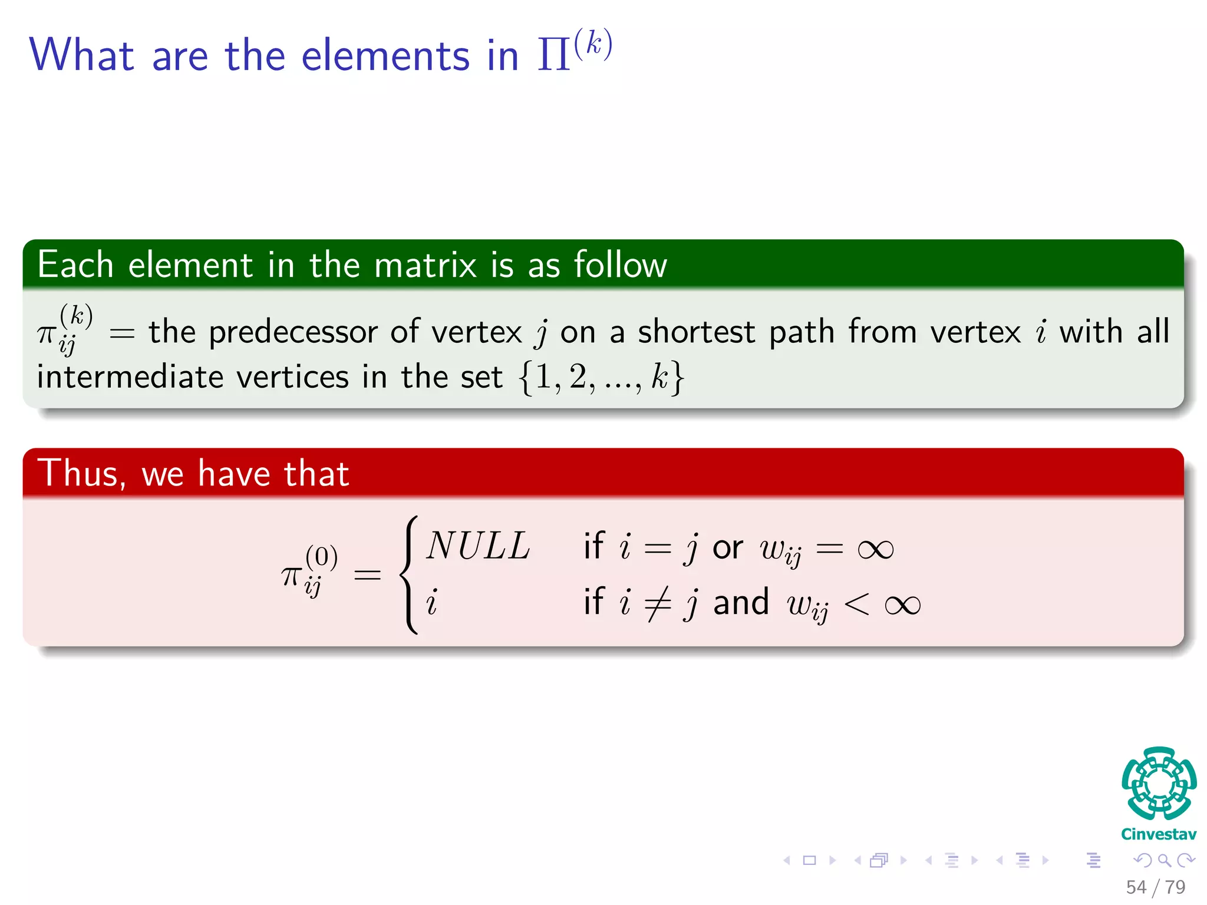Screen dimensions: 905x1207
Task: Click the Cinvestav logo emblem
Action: pos(1159,784)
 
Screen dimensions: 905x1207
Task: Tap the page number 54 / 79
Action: pos(1155,887)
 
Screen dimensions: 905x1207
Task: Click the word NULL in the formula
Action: pos(478,546)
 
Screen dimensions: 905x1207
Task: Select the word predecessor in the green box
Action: pos(293,332)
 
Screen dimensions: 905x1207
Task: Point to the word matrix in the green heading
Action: pos(425,265)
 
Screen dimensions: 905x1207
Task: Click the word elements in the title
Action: pos(385,56)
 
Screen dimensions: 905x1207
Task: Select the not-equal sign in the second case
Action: pos(658,603)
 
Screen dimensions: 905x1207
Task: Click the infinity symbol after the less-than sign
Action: pos(902,605)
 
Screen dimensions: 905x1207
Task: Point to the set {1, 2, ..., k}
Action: pos(601,377)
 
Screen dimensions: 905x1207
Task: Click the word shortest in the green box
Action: pos(696,332)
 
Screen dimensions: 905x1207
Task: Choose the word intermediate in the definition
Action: pos(130,377)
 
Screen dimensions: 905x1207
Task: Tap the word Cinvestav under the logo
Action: pos(1159,834)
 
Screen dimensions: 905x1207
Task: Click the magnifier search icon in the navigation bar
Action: pos(1164,860)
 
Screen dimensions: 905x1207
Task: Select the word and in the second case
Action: pos(741,602)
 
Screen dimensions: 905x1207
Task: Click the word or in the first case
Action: pos(727,548)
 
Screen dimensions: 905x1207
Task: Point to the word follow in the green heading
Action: pos(620,265)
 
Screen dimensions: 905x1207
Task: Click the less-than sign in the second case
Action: pos(856,605)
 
